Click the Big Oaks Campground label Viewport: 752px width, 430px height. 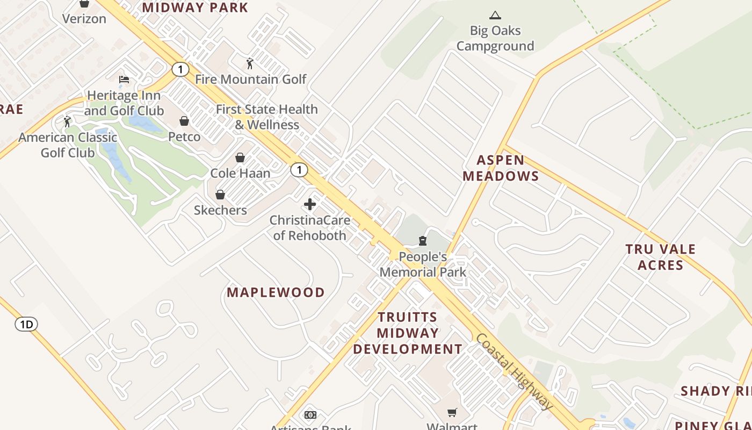point(495,38)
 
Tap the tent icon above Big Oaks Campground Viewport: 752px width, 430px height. point(495,15)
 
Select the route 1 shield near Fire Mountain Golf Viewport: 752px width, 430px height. point(180,69)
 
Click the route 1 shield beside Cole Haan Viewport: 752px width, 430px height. point(299,170)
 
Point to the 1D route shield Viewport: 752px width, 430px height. point(26,324)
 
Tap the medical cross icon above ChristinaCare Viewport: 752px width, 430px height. point(310,204)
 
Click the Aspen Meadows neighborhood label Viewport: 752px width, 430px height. point(501,168)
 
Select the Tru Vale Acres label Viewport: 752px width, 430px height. point(661,257)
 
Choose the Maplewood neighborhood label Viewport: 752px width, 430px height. point(276,292)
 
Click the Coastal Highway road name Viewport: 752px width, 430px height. point(514,371)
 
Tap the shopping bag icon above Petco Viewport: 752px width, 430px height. point(184,121)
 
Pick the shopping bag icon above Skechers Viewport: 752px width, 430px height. point(220,195)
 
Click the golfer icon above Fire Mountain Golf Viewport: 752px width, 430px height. point(250,64)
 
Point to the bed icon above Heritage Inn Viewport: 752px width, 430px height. point(124,80)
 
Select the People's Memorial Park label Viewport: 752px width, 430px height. point(423,264)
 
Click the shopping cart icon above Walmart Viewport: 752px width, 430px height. point(452,412)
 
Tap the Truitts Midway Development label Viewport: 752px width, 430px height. point(408,333)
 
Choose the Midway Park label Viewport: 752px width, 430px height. point(195,8)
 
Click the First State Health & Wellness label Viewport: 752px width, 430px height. point(267,117)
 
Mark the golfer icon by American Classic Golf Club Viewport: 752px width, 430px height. point(67,121)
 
